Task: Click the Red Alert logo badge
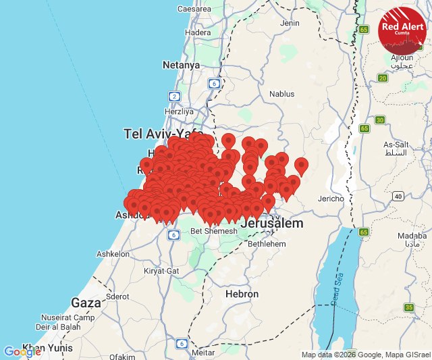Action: point(402,30)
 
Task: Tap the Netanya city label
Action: point(181,66)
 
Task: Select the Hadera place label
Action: point(198,32)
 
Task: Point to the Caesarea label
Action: point(194,9)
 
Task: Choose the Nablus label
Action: point(282,94)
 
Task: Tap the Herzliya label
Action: point(179,111)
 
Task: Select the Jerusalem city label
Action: point(271,223)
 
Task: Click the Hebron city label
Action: point(242,294)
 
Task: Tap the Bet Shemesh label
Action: point(214,231)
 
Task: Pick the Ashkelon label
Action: point(113,254)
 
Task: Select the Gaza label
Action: point(86,302)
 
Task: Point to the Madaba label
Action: point(412,237)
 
